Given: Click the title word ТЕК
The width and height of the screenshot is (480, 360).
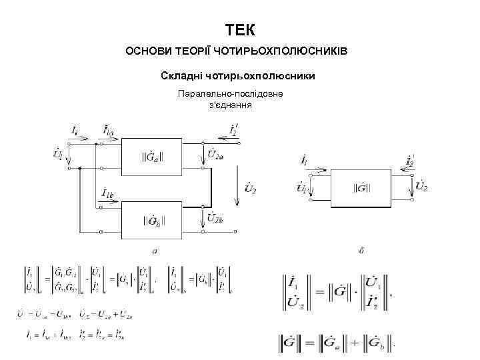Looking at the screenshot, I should [239, 30].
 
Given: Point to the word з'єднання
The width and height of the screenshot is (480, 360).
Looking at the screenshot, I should [230, 105].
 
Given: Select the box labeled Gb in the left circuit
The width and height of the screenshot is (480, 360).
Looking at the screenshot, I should [152, 219].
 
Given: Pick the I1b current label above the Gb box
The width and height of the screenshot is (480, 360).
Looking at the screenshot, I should [108, 194].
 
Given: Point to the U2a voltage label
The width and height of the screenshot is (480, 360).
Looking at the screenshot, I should [215, 155].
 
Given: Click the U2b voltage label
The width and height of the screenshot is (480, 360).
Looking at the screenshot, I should [215, 217].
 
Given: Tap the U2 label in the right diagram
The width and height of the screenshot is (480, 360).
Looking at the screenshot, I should [421, 185].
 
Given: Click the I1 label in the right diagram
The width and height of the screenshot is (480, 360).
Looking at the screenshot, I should [304, 161].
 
